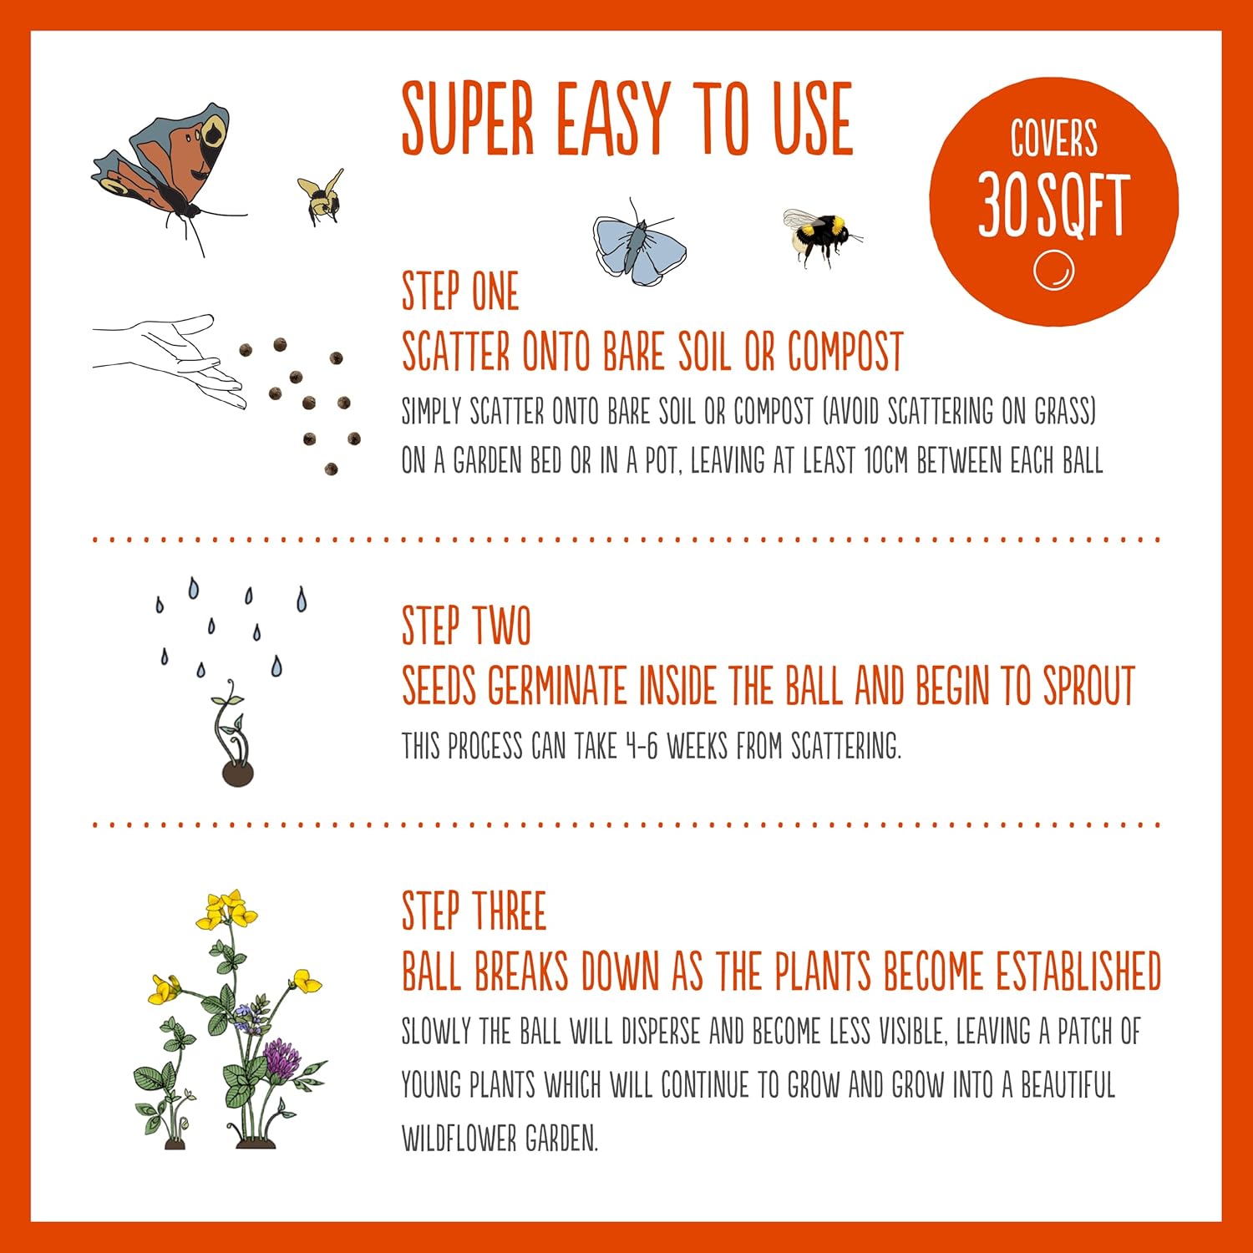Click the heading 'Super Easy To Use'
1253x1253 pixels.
click(x=626, y=119)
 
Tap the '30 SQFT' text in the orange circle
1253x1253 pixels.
click(x=1053, y=205)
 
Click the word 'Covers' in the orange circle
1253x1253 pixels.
click(x=1053, y=140)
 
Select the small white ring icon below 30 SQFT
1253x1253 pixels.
click(x=1053, y=271)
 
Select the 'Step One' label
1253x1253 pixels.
click(x=460, y=292)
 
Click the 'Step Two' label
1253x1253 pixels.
click(x=466, y=626)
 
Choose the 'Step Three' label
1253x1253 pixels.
click(x=474, y=911)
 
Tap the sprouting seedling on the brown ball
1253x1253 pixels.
click(x=234, y=735)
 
